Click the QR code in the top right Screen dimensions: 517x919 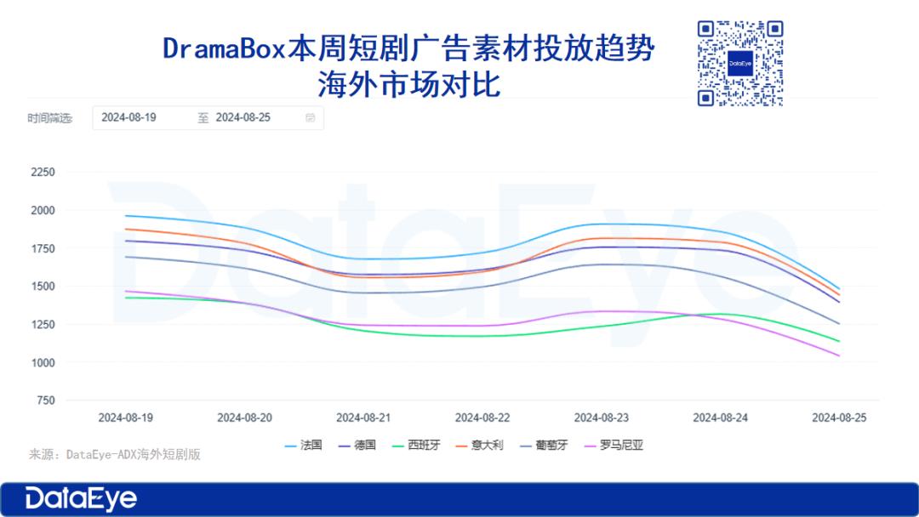[739, 64]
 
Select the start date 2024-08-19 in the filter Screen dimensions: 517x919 [128, 118]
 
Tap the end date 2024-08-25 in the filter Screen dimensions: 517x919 [243, 118]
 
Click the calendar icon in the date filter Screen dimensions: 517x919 [311, 118]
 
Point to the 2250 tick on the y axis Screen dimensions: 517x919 [43, 172]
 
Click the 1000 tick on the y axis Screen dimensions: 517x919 [43, 362]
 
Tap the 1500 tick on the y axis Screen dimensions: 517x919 [43, 287]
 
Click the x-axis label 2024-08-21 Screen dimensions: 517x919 [363, 418]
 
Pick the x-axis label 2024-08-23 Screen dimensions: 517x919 [602, 418]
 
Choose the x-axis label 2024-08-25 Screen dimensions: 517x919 [840, 418]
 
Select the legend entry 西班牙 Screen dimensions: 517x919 [423, 445]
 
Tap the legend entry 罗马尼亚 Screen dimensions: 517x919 [617, 445]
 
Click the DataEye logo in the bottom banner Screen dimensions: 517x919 [81, 499]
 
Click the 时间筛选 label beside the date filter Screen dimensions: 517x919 [49, 119]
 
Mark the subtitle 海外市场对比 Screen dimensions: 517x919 [408, 85]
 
